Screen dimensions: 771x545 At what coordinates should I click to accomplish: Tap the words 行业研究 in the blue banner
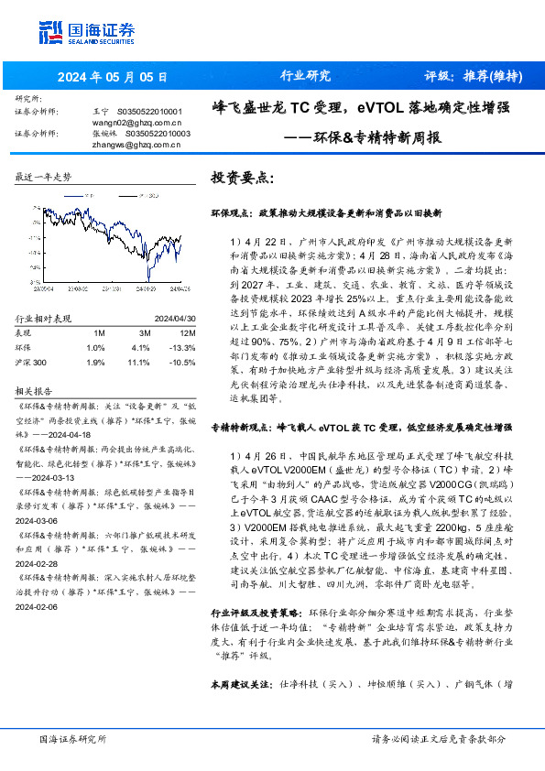304,76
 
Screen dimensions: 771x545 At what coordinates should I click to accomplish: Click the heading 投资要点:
243,177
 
